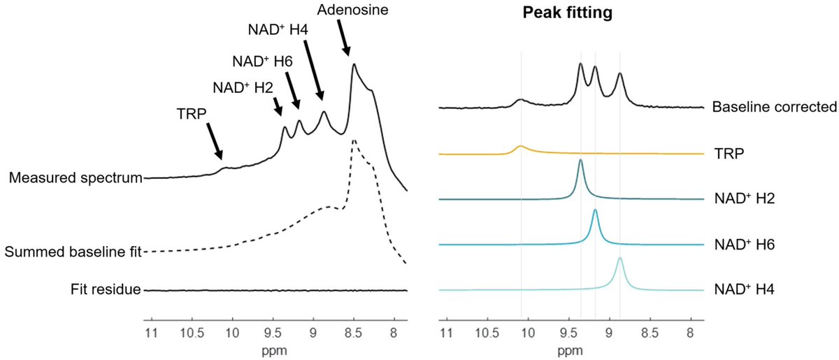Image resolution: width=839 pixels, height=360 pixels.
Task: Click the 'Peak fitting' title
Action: click(568, 13)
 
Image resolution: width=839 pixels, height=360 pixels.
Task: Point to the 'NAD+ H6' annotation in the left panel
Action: click(264, 61)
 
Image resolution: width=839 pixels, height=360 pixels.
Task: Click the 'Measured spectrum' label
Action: click(76, 178)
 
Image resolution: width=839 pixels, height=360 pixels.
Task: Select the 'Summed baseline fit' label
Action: click(72, 251)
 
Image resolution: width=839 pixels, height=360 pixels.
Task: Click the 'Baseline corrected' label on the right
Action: click(774, 108)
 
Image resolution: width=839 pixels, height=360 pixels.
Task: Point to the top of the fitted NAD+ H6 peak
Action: click(595, 210)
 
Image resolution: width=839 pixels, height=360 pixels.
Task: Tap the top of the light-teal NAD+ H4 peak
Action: click(620, 258)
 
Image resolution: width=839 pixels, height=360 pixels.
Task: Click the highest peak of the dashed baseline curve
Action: click(354, 141)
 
